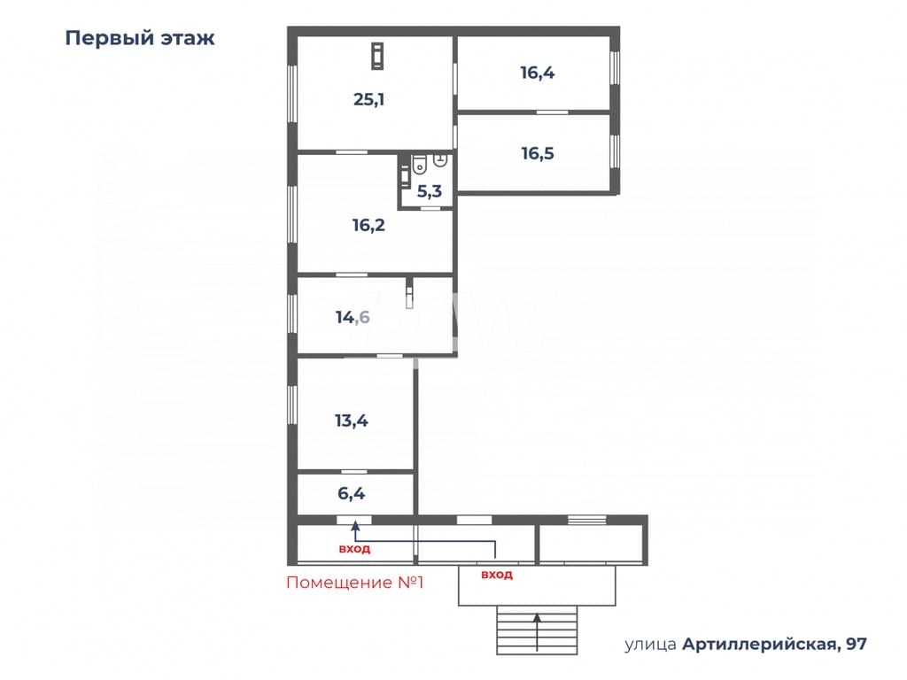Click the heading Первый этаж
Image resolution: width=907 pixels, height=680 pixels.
click(x=140, y=38)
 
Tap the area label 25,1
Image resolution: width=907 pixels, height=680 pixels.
click(x=369, y=99)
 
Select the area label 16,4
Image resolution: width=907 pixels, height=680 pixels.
click(x=538, y=73)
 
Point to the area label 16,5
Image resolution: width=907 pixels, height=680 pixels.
click(x=538, y=154)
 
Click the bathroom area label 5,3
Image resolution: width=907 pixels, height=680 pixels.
click(x=430, y=191)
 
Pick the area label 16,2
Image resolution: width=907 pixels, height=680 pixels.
click(x=368, y=225)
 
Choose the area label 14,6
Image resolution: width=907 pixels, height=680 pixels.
click(x=353, y=318)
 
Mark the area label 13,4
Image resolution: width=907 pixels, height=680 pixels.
click(x=352, y=421)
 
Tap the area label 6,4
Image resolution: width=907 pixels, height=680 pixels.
click(x=351, y=494)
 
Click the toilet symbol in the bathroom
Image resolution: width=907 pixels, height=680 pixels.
click(x=419, y=165)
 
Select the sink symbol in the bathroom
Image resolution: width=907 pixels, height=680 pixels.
click(x=440, y=160)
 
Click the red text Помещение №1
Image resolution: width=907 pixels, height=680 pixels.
click(x=355, y=583)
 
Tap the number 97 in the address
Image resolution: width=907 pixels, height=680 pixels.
click(x=857, y=644)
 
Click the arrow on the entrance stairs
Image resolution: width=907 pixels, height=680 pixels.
click(x=538, y=632)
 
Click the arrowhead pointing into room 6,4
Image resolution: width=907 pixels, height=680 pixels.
click(x=355, y=526)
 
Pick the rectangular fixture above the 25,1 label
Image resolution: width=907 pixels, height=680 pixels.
click(x=377, y=57)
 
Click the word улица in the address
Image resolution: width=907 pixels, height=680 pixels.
click(x=650, y=645)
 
